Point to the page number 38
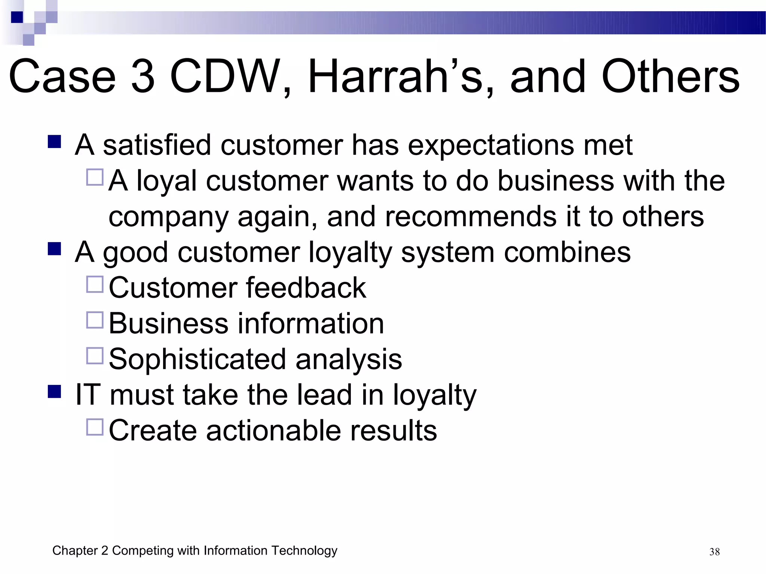714,552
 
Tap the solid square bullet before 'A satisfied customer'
55,142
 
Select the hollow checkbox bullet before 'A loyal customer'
95,178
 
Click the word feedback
306,288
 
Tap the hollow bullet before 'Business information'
95,320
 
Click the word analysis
349,359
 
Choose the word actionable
273,430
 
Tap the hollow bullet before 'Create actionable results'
95,427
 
